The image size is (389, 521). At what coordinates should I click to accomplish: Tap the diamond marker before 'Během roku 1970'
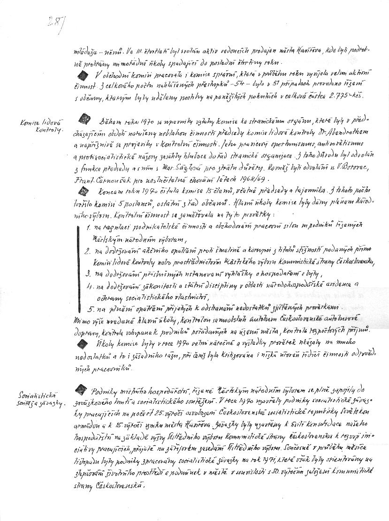tap(84, 119)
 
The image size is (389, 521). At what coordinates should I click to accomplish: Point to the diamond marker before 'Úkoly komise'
tap(83, 343)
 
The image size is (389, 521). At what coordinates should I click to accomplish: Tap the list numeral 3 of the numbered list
tap(88, 273)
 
